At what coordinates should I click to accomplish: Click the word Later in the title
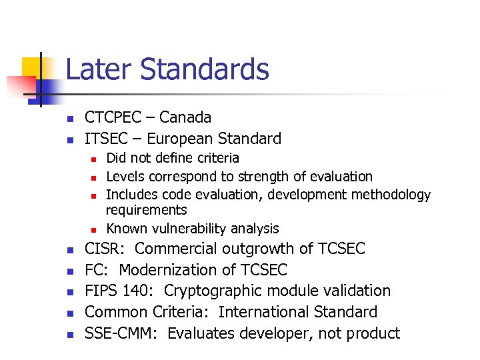point(100,69)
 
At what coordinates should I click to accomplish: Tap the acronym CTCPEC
point(113,117)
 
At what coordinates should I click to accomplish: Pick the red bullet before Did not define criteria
point(95,159)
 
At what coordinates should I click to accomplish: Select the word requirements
point(146,210)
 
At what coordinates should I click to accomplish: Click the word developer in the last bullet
point(271,333)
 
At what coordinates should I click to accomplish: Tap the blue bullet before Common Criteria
point(69,313)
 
